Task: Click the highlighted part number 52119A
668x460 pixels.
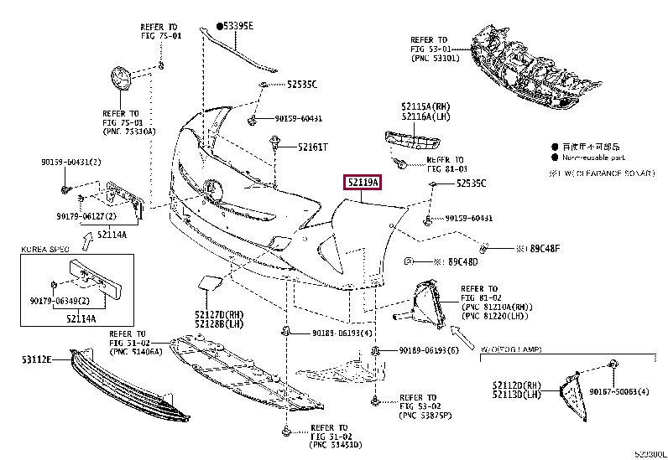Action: [x=361, y=183]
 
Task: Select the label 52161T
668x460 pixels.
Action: [x=311, y=147]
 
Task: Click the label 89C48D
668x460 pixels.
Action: [x=461, y=262]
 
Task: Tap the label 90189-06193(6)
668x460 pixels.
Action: [x=429, y=350]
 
